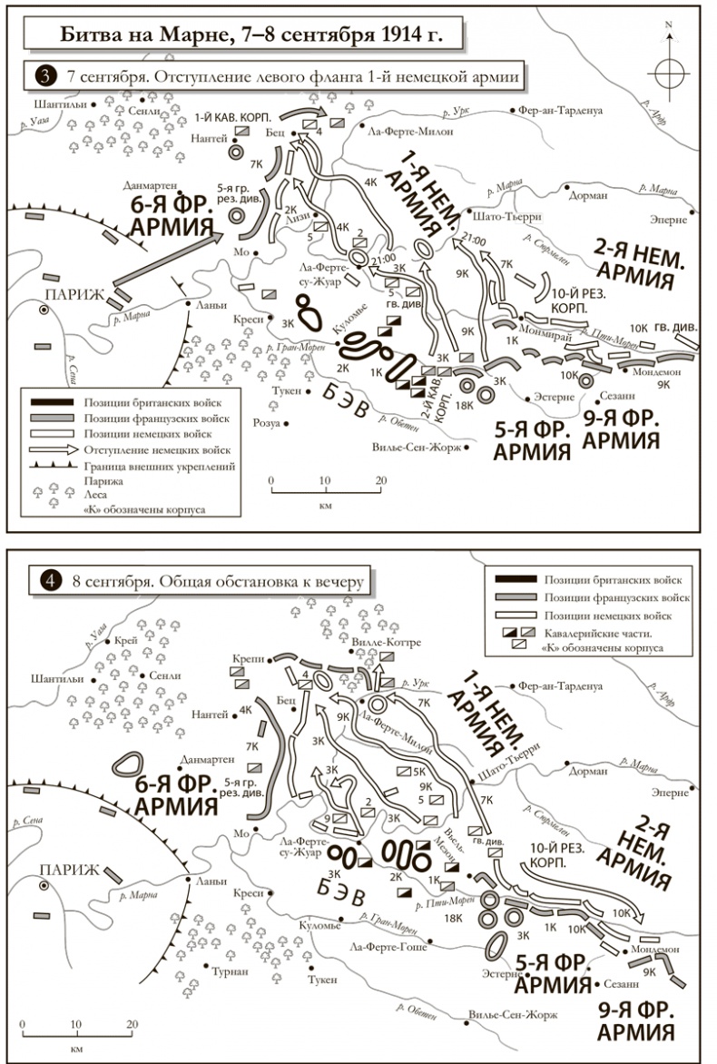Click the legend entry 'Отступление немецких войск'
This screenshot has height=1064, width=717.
pyautogui.click(x=160, y=449)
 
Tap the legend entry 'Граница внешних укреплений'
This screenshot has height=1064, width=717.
pyautogui.click(x=160, y=466)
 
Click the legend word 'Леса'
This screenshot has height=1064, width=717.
pyautogui.click(x=96, y=497)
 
